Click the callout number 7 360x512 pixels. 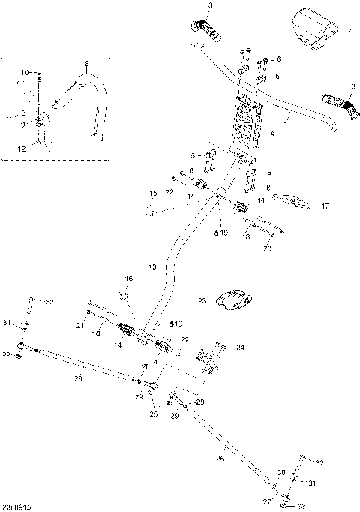348,32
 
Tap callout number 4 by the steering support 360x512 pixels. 272,134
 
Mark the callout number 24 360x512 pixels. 240,348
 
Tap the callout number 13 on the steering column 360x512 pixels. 154,267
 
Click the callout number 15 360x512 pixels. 152,194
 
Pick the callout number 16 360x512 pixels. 128,279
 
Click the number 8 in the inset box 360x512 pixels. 86,64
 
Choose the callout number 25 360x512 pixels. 153,414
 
